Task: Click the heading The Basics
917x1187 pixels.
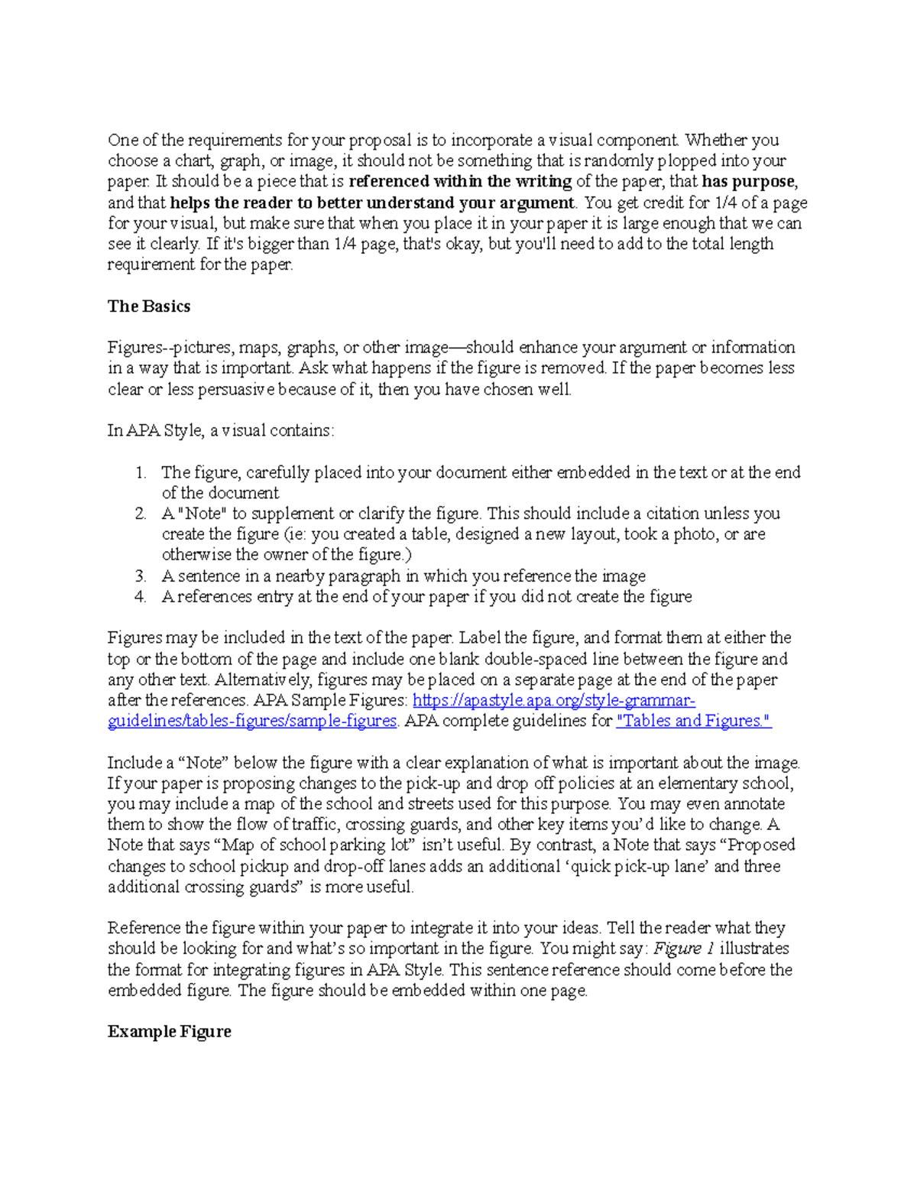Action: (148, 306)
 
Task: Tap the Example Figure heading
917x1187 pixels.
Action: (169, 1032)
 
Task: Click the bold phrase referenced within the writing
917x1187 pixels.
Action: (460, 182)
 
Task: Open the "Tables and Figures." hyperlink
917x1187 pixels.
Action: (693, 721)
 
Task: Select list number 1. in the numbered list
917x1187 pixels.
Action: (141, 472)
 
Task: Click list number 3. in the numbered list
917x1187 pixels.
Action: (141, 576)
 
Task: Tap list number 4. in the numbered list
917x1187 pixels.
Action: (141, 597)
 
